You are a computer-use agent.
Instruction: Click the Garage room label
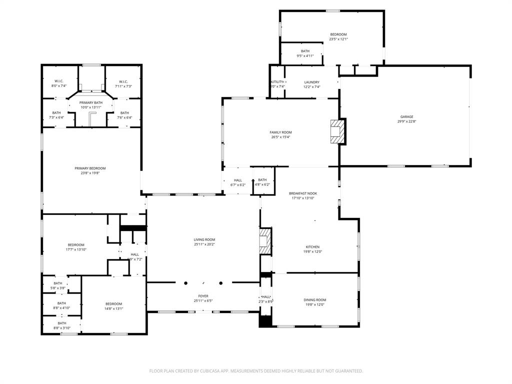[x=406, y=117]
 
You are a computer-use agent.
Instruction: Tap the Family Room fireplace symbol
[x=338, y=131]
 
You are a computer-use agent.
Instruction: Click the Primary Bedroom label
[x=90, y=168]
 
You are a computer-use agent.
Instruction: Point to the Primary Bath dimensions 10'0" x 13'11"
[x=90, y=107]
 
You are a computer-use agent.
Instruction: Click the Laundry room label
[x=312, y=82]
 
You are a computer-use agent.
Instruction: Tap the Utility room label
[x=277, y=82]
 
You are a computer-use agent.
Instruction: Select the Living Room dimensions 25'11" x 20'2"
[x=204, y=244]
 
